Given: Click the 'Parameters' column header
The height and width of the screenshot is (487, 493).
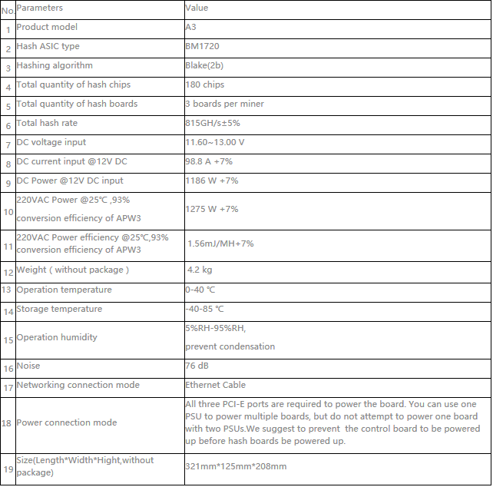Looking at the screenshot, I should tap(40, 8).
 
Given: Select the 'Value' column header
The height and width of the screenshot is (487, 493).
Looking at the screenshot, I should tap(197, 8).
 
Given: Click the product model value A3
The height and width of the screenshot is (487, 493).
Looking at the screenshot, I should tap(191, 27).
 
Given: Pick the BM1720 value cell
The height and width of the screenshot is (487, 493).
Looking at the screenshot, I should tap(200, 46).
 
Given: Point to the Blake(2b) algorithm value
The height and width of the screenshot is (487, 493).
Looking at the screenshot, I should tap(205, 65).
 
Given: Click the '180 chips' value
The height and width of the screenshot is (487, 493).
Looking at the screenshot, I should tap(205, 84).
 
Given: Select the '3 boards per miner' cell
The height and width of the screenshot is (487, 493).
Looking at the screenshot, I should tap(224, 104).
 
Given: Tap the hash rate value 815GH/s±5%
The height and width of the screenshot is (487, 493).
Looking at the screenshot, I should tap(213, 123).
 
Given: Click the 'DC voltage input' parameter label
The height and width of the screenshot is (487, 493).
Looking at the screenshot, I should tap(51, 142).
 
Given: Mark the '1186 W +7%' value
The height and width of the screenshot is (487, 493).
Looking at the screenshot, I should tap(212, 181).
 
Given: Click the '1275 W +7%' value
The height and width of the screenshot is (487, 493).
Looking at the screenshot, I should tap(212, 209).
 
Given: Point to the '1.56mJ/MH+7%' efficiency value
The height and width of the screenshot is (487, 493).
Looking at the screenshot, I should tap(220, 243).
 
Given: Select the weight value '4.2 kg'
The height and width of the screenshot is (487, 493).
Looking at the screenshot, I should tap(200, 270).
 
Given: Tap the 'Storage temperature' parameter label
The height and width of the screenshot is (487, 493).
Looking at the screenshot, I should tap(59, 309).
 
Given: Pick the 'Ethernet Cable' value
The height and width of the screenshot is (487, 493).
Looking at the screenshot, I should tap(216, 385).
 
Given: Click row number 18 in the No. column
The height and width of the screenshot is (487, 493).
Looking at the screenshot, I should tap(8, 423).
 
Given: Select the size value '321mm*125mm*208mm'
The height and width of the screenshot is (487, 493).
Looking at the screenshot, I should tap(236, 466).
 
